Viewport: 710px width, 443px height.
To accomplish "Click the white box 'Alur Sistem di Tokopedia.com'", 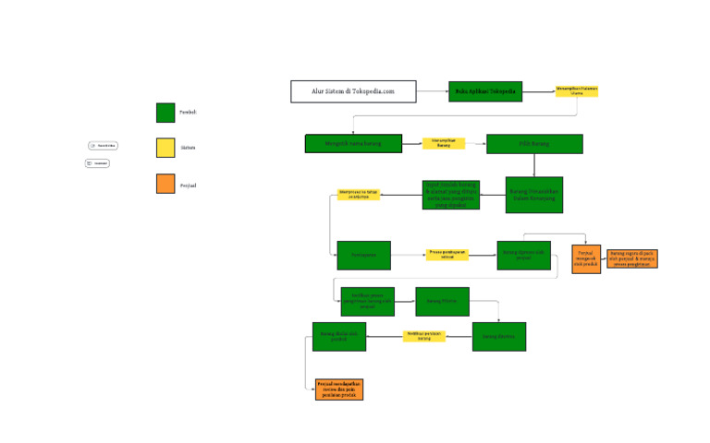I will pos(352,91).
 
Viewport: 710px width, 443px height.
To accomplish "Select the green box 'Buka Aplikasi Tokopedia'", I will pos(485,91).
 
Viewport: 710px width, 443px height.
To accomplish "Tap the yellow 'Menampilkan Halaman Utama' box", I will pos(577,91).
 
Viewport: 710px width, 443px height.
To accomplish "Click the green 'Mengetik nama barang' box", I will pos(353,143).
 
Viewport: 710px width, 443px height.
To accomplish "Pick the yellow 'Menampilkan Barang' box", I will pos(444,143).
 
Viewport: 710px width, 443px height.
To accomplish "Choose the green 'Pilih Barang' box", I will pos(534,144).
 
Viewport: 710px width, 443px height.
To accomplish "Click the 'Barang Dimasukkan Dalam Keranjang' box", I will pos(533,195).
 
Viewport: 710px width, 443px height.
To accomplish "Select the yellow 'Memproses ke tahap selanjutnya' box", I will pos(359,195).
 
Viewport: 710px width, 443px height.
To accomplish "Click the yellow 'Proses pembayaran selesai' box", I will pos(447,255).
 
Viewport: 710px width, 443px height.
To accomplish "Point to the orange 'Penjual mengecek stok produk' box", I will pos(586,258).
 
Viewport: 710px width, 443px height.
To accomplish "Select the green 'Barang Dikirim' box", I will pos(442,301).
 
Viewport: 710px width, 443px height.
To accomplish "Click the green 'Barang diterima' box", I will pos(498,336).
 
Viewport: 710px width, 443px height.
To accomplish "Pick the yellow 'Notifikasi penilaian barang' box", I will pos(424,336).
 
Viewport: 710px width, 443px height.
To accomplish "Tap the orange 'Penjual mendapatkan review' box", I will pos(339,389).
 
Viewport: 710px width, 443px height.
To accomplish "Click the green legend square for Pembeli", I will pos(165,113).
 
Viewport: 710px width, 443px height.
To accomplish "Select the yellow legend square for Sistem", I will pos(165,148).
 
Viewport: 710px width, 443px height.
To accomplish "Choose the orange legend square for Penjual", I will pos(165,185).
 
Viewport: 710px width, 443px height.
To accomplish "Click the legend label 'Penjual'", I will pos(188,186).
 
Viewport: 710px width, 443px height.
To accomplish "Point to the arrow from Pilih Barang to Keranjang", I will pos(534,165).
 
